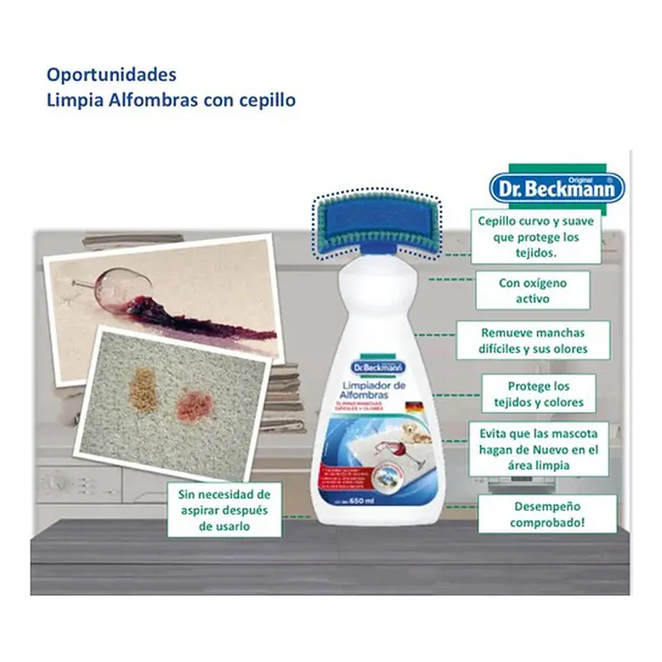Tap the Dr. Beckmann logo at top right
point(556,186)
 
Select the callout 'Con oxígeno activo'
point(531,290)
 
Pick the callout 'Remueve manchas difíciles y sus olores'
point(533,341)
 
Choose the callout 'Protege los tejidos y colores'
point(538,394)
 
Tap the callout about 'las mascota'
point(538,449)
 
